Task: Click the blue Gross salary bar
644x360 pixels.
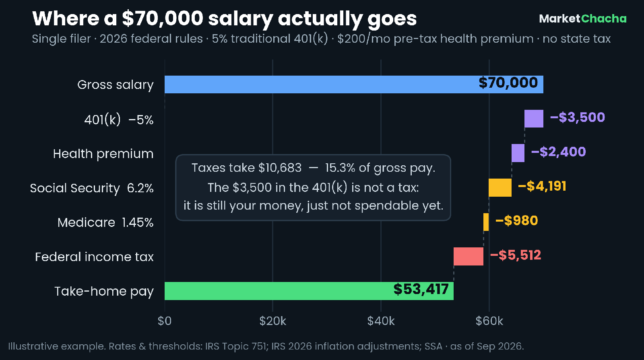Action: [x=354, y=84]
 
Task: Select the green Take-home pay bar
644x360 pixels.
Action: [x=309, y=291]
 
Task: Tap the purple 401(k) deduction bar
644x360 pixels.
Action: [x=534, y=119]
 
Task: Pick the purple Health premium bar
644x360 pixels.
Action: [x=518, y=153]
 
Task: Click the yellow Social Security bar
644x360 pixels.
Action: [x=500, y=187]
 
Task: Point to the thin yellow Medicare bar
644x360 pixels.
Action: [x=486, y=222]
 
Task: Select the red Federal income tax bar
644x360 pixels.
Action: [x=469, y=257]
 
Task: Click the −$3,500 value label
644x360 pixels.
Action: [x=577, y=117]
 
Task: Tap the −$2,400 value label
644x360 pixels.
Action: [x=558, y=152]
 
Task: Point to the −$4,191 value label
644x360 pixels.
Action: [x=542, y=187]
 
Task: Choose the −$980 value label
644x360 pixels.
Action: [x=517, y=221]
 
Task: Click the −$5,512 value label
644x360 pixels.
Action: [x=516, y=255]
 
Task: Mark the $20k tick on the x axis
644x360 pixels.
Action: [x=272, y=321]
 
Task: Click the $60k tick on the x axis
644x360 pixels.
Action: [x=489, y=321]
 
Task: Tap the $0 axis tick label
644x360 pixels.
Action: [x=165, y=321]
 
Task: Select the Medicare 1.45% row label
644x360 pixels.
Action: [x=105, y=223]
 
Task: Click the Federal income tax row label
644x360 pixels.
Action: [x=94, y=257]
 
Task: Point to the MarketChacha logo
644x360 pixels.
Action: [x=583, y=19]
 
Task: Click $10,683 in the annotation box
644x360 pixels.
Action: [x=280, y=168]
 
